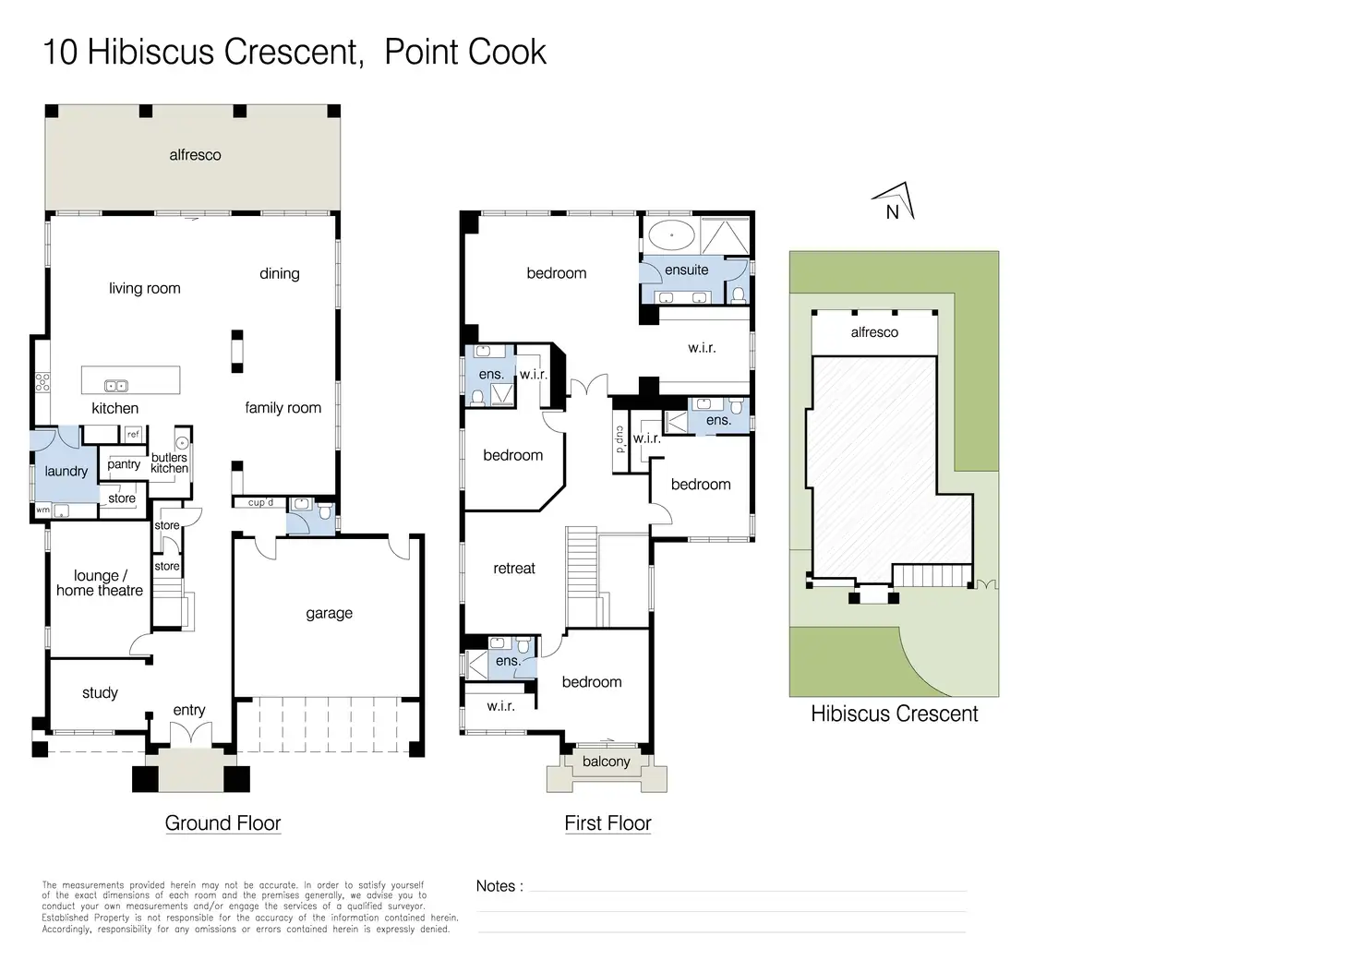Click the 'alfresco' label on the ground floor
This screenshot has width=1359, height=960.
[195, 155]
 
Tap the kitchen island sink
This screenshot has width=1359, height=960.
[116, 386]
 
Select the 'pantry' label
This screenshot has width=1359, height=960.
[124, 464]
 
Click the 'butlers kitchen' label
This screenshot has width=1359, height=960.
[169, 462]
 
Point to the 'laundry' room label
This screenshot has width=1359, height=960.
[66, 471]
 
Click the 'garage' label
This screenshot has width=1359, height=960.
[329, 613]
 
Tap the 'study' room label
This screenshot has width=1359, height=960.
[100, 692]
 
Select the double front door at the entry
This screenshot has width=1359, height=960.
[190, 734]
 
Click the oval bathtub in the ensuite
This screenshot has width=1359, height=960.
[670, 234]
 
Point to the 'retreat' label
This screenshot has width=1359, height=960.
[514, 569]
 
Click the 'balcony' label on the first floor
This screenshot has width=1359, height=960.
[607, 762]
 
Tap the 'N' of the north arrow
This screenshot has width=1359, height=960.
[892, 212]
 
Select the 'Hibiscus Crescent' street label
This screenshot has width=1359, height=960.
[894, 714]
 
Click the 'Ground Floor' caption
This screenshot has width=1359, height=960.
[222, 822]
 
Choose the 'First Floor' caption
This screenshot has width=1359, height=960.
[607, 822]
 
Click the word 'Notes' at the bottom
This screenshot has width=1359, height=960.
[496, 886]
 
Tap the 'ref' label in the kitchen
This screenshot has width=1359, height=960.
[133, 434]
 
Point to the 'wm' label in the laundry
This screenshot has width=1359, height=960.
[42, 510]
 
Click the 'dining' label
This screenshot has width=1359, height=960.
[280, 273]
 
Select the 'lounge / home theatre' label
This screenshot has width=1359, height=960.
[100, 583]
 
